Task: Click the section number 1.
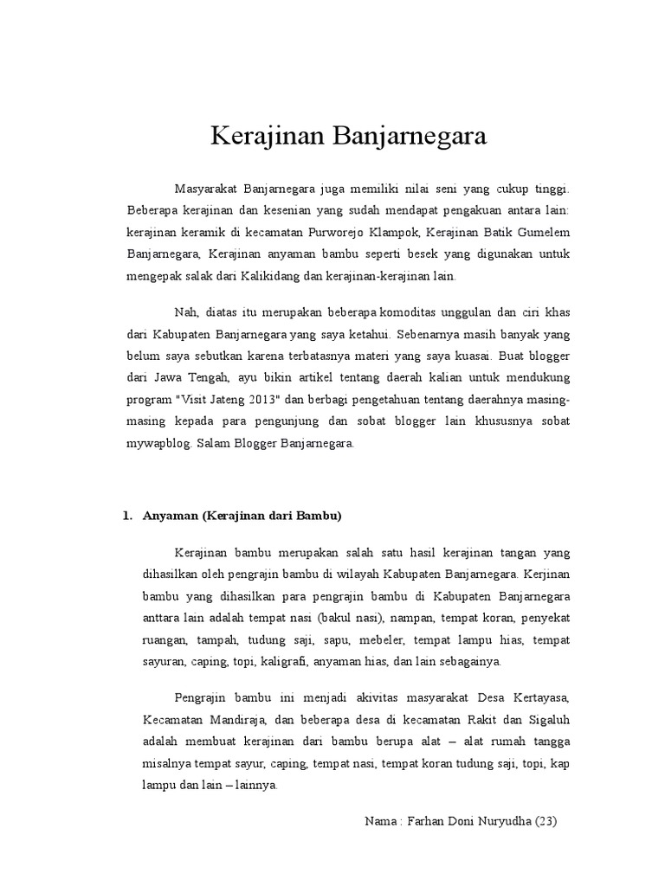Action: (x=126, y=517)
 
